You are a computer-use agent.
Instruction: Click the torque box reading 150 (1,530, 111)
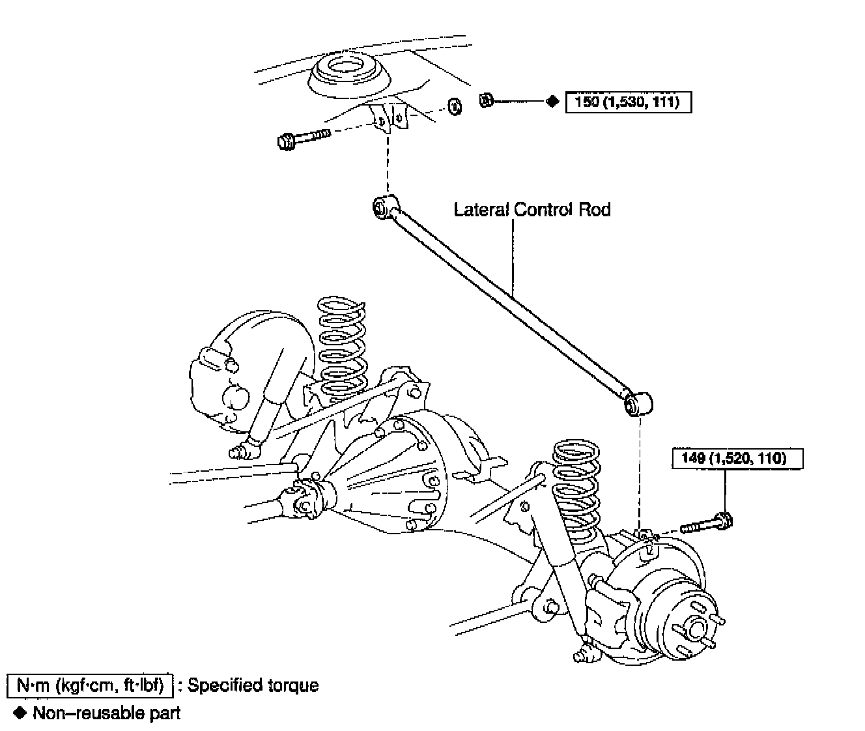628,102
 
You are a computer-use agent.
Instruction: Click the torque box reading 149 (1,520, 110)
737,458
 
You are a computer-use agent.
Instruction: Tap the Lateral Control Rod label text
532,209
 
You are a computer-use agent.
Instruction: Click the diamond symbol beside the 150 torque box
552,102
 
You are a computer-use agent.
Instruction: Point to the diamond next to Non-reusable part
20,713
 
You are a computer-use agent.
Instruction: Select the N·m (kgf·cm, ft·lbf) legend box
90,685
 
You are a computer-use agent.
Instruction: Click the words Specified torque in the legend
253,685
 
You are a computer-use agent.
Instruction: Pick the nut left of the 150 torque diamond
485,101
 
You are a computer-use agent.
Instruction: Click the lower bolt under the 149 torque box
706,523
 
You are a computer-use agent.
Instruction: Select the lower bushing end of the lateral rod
636,404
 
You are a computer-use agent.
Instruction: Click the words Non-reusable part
106,713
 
